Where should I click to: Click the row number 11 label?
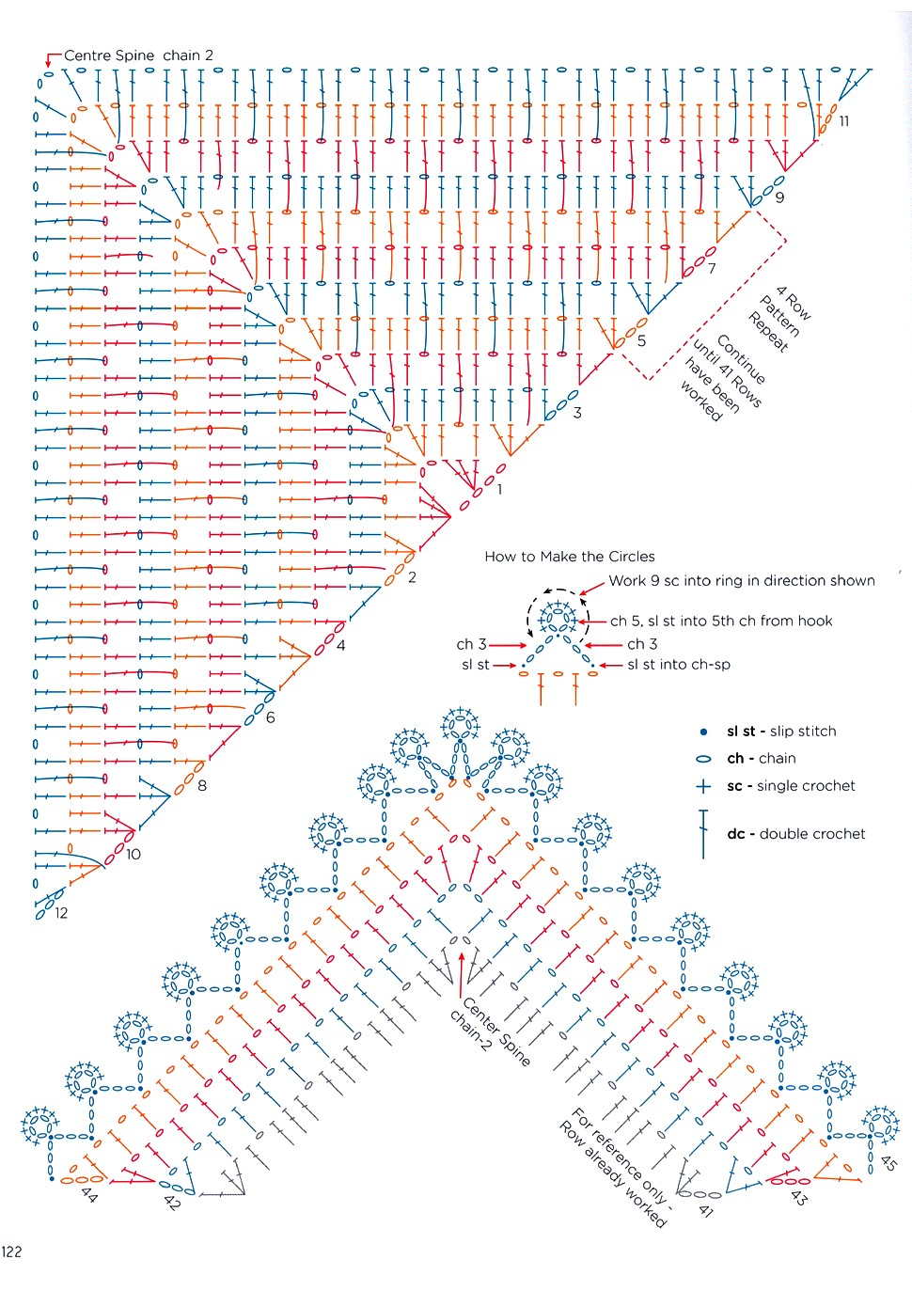click(x=843, y=120)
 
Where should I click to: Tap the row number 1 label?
click(x=499, y=489)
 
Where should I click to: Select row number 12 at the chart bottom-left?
click(x=61, y=913)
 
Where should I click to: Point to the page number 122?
click(x=11, y=1252)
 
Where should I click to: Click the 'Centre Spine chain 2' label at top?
click(x=138, y=55)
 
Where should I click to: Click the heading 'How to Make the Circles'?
click(x=569, y=557)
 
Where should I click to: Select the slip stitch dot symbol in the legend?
click(x=702, y=732)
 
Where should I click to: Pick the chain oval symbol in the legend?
click(x=702, y=759)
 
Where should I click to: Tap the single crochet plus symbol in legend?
click(x=702, y=786)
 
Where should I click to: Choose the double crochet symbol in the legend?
click(x=702, y=833)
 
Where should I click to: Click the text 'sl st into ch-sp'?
click(x=679, y=665)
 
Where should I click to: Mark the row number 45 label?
click(x=888, y=1161)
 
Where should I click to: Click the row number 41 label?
click(x=706, y=1210)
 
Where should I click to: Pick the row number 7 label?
click(x=712, y=269)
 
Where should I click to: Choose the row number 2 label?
click(x=412, y=577)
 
